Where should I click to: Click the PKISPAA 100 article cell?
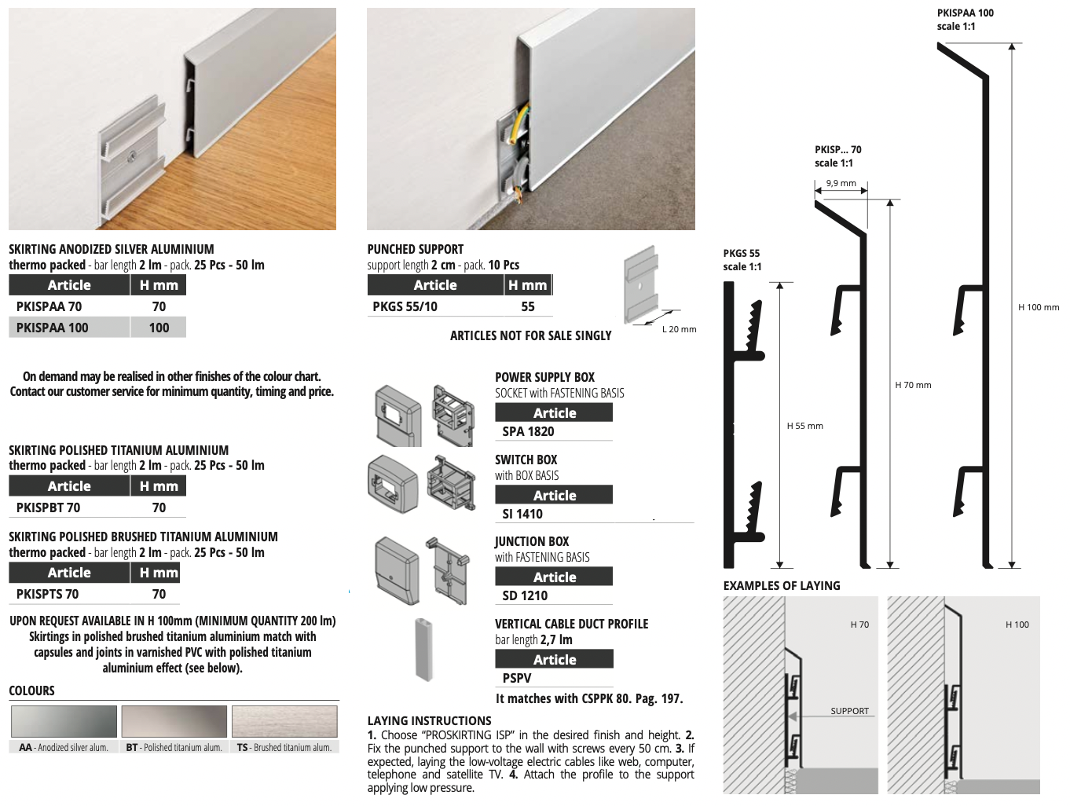pyautogui.click(x=52, y=328)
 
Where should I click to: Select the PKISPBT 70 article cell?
pyautogui.click(x=48, y=507)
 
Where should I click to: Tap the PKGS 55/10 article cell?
pyautogui.click(x=405, y=306)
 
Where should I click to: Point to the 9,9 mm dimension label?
pyautogui.click(x=841, y=183)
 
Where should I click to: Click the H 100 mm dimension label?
pyautogui.click(x=1039, y=307)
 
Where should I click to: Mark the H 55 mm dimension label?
pyautogui.click(x=804, y=426)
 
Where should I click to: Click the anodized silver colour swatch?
pyautogui.click(x=64, y=721)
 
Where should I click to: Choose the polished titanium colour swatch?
pyautogui.click(x=174, y=721)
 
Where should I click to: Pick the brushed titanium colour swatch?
pyautogui.click(x=284, y=721)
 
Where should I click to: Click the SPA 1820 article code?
pyautogui.click(x=528, y=431)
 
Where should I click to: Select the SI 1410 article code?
pyautogui.click(x=522, y=514)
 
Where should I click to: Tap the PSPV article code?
pyautogui.click(x=517, y=678)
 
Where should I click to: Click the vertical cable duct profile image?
pyautogui.click(x=424, y=649)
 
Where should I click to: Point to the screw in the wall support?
pyautogui.click(x=132, y=157)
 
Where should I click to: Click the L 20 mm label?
pyautogui.click(x=679, y=329)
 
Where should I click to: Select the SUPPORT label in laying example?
pyautogui.click(x=850, y=711)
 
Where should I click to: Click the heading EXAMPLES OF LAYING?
pyautogui.click(x=782, y=586)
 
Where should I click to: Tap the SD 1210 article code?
pyautogui.click(x=525, y=595)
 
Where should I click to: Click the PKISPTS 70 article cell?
pyautogui.click(x=47, y=594)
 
